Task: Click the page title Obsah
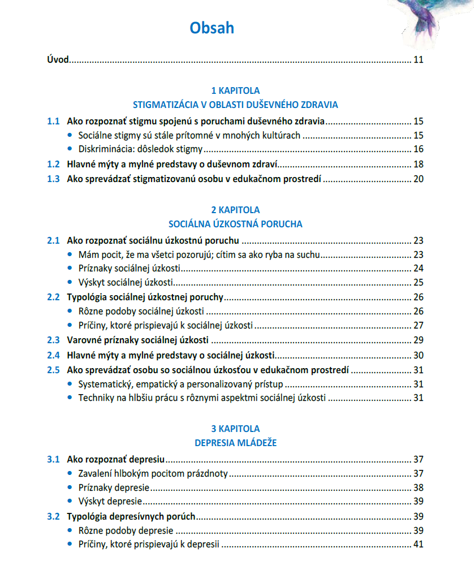[212, 28]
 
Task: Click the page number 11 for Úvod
[419, 60]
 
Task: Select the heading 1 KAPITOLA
[235, 90]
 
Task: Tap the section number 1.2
[53, 165]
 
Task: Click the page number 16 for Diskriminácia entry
[419, 150]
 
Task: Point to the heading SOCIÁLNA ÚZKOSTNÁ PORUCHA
[235, 224]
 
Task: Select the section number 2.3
[53, 340]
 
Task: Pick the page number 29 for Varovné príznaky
[419, 340]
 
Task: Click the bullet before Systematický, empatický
[70, 384]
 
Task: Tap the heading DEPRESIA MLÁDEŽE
[235, 443]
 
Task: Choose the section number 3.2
[53, 516]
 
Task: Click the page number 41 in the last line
[419, 545]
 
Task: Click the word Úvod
[58, 60]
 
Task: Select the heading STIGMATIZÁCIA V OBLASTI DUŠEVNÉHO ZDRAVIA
[235, 105]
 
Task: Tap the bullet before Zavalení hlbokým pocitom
[70, 473]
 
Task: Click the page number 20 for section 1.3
[419, 179]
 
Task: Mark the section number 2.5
[53, 370]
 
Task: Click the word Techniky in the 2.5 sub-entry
[94, 398]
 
